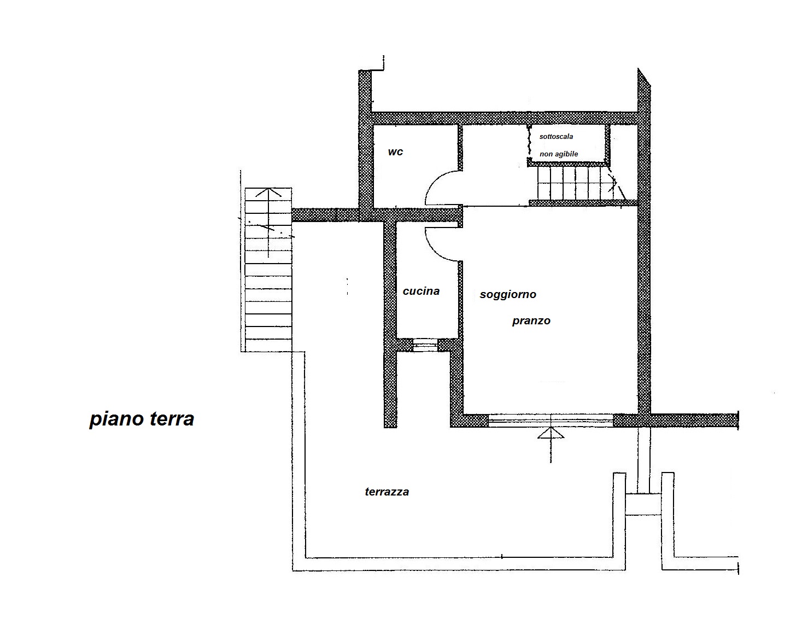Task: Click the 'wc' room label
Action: [395, 151]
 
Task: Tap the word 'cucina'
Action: [421, 291]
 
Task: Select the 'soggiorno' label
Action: [508, 295]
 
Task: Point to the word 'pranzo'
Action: [531, 321]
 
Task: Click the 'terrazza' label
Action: [387, 492]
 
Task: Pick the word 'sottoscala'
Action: [556, 137]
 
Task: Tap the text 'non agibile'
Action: [559, 154]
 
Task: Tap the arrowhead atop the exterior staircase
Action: [268, 193]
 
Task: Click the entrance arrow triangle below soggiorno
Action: [551, 433]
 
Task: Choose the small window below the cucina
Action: [425, 346]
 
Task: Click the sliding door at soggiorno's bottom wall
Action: [551, 421]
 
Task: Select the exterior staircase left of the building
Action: [268, 270]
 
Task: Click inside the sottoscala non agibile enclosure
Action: [568, 143]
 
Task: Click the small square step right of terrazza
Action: [643, 504]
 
